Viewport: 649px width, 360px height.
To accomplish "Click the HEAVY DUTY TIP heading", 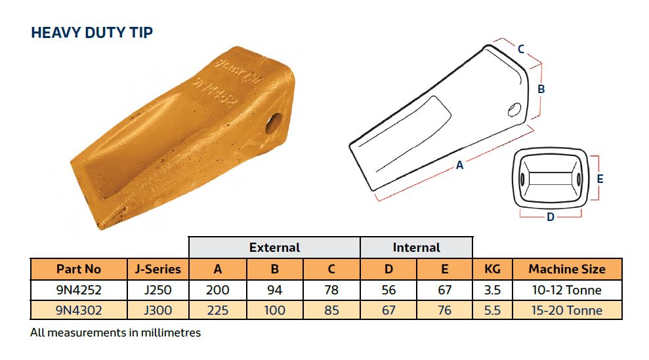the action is (x=92, y=32).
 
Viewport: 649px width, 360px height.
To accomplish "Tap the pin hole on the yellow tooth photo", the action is (x=274, y=123).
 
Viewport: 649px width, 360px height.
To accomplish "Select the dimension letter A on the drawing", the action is (x=459, y=165).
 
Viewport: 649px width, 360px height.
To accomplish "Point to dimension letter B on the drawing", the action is (x=541, y=89).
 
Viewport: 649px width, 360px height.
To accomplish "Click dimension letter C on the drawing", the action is (x=521, y=49).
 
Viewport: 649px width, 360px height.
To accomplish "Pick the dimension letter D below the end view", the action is (x=551, y=217).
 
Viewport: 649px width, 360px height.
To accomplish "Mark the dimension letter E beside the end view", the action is (x=600, y=179).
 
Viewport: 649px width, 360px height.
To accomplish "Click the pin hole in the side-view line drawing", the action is (x=514, y=110).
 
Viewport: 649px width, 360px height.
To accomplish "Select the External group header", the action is (x=274, y=247).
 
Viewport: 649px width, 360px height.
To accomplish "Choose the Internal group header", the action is (x=417, y=247).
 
